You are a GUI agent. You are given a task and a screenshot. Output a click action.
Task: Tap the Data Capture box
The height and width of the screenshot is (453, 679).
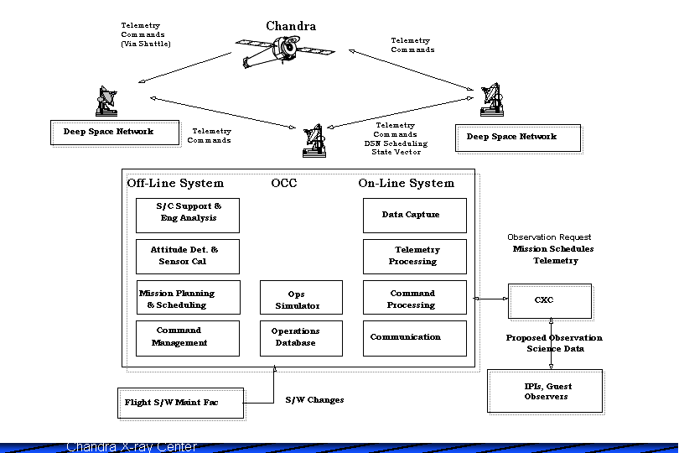(x=414, y=216)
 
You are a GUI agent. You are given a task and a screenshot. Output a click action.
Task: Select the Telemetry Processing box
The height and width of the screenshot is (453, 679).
(x=414, y=256)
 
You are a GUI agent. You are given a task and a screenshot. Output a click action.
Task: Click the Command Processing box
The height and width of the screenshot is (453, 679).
(x=414, y=299)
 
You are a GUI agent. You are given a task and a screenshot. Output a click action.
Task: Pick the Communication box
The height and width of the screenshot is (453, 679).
(x=414, y=338)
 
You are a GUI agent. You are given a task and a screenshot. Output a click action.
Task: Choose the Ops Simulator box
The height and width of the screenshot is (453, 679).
(x=301, y=299)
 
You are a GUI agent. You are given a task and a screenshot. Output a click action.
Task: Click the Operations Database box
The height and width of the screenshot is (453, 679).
(x=301, y=338)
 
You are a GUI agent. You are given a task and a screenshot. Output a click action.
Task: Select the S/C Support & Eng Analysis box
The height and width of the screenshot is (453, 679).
(x=188, y=215)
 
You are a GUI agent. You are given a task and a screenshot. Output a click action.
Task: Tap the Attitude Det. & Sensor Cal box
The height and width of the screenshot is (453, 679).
(x=188, y=256)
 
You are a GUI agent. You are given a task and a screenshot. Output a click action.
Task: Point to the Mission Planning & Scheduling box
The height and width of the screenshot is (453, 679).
(x=188, y=299)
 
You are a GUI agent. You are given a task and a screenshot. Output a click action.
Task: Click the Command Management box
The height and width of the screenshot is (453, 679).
(x=188, y=338)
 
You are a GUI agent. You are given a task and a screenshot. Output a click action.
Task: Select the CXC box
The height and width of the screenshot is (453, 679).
(x=549, y=301)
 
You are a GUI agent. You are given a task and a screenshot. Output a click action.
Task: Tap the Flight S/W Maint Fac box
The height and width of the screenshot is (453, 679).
(x=180, y=403)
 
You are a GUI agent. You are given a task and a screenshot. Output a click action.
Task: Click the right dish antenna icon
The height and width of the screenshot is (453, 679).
(x=493, y=101)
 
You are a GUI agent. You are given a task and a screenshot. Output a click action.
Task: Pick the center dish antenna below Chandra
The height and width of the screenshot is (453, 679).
(x=314, y=140)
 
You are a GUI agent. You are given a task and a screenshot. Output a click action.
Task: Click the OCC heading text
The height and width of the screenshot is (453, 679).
(x=284, y=183)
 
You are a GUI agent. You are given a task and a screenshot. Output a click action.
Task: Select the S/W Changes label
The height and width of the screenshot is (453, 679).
(x=314, y=400)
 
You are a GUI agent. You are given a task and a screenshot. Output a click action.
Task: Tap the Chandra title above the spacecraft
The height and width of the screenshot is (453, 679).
(x=291, y=26)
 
